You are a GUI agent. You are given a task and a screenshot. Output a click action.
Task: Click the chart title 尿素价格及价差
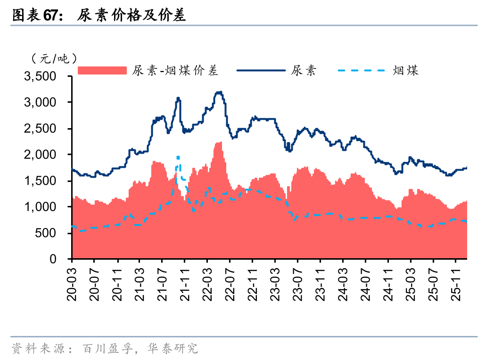(132, 16)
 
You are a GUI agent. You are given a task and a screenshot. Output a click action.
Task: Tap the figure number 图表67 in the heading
(37, 16)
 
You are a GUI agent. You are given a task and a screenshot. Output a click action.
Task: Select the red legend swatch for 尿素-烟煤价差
(102, 71)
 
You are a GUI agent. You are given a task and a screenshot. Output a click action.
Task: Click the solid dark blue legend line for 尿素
(261, 71)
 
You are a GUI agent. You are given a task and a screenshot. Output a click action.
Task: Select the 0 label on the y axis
(60, 259)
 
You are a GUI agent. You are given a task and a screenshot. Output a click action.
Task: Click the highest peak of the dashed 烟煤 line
(178, 157)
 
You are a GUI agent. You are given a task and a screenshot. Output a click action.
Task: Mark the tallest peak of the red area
(220, 143)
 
